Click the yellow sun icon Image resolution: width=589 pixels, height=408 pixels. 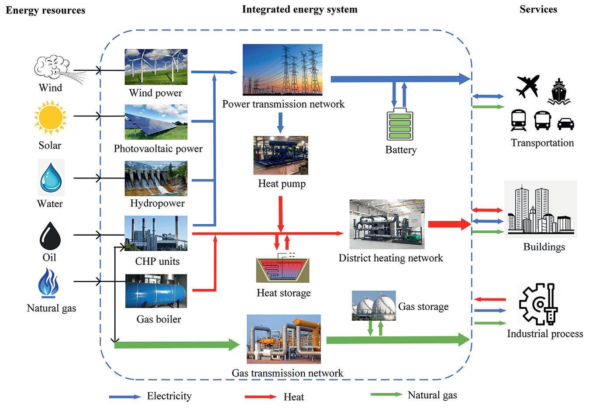pyautogui.click(x=50, y=117)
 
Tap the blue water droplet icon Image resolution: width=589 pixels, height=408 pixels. pyautogui.click(x=51, y=177)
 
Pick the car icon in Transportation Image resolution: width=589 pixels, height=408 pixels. pyautogui.click(x=566, y=124)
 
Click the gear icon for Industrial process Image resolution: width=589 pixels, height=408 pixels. pyautogui.click(x=537, y=304)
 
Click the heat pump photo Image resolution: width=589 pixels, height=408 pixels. pyautogui.click(x=281, y=155)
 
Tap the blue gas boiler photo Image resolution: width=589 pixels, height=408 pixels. pyautogui.click(x=156, y=291)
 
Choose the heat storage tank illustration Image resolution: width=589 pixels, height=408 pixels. pyautogui.click(x=283, y=270)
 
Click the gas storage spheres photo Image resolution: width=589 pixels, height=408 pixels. pyautogui.click(x=374, y=305)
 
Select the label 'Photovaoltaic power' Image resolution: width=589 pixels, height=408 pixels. pyautogui.click(x=158, y=149)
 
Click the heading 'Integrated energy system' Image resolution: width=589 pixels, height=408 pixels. pyautogui.click(x=300, y=9)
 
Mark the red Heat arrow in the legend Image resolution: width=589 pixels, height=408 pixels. pyautogui.click(x=261, y=397)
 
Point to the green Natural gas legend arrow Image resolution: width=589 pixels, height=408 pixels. pyautogui.click(x=386, y=394)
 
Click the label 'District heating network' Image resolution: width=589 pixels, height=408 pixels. pyautogui.click(x=391, y=258)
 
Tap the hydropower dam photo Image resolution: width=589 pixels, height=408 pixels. pyautogui.click(x=156, y=178)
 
